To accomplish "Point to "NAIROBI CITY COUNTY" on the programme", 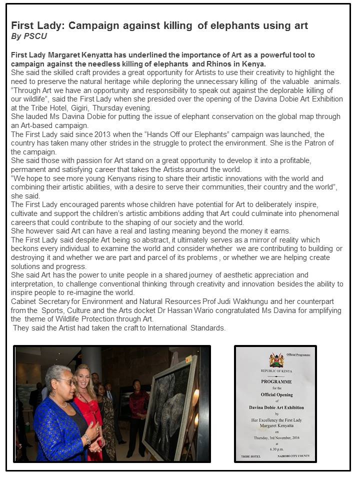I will coord(296,455).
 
